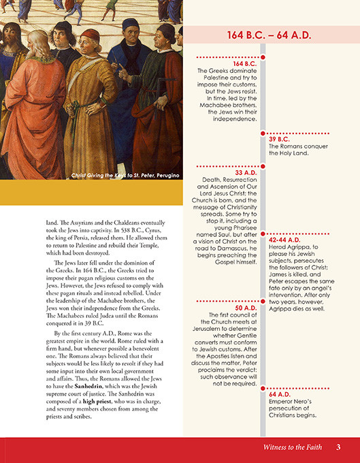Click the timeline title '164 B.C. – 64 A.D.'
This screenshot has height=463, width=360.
pos(271,35)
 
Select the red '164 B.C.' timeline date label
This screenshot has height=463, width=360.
pos(242,63)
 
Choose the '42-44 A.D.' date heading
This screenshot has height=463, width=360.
pos(285,240)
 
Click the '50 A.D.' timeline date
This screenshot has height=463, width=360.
pos(245,308)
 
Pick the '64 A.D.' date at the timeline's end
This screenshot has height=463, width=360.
pos(280,394)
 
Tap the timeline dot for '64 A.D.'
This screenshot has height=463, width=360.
pos(263,387)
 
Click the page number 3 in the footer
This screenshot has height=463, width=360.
pos(338,447)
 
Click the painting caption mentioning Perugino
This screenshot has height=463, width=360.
pos(125,176)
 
